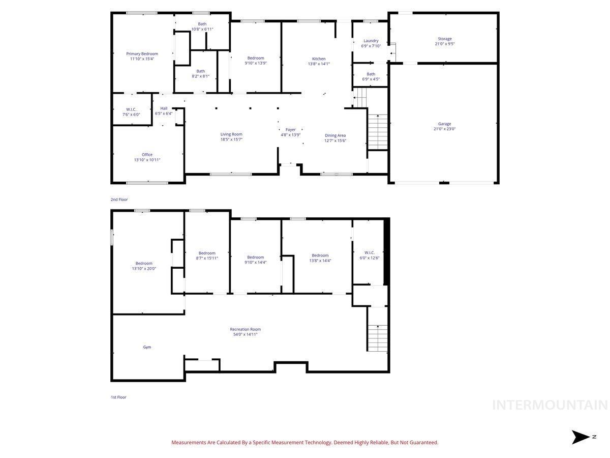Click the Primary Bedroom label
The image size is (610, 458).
point(142,56)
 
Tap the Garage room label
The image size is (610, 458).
point(444,126)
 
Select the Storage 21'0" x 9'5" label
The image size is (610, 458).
point(444,41)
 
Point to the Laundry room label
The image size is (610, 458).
point(371,43)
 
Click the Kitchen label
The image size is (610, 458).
point(319,61)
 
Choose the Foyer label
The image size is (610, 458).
point(290,132)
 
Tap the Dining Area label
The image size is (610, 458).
point(335,138)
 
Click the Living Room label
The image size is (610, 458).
point(231,136)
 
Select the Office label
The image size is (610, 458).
point(147,157)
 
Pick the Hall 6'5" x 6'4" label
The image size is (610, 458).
point(164,110)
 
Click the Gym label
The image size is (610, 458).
point(147,347)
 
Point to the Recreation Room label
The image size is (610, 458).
point(245,332)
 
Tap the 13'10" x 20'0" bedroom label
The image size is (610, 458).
point(144,266)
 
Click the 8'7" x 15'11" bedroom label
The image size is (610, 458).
point(207,255)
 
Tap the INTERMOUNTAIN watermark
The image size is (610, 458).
point(550,405)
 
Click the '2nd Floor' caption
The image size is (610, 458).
point(119,199)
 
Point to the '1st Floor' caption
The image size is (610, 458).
point(118,397)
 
